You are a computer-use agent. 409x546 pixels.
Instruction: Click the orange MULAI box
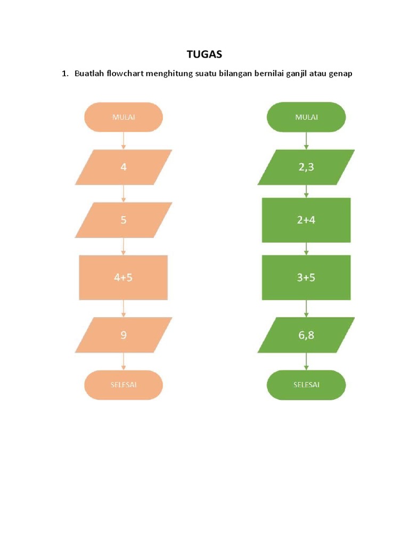124,117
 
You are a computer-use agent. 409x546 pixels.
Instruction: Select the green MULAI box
306,117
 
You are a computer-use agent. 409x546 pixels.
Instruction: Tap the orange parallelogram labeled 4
124,167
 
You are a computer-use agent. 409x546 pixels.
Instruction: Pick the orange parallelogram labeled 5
124,220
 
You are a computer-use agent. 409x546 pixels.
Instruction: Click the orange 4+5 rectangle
124,277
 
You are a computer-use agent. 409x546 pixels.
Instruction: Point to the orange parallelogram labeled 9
124,335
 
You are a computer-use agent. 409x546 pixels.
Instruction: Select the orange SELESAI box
124,384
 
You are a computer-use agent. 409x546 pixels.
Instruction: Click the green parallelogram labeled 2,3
306,167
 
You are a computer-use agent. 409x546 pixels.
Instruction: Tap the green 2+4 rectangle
306,220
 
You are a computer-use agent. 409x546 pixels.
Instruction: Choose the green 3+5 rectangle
306,277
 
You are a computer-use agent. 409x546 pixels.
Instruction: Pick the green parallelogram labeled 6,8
306,335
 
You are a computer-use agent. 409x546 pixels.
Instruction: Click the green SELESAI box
306,384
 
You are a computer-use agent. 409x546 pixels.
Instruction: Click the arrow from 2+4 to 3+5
306,248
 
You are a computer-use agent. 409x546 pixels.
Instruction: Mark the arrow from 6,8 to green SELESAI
306,361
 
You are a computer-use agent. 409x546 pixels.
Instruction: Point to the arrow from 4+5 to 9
124,308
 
